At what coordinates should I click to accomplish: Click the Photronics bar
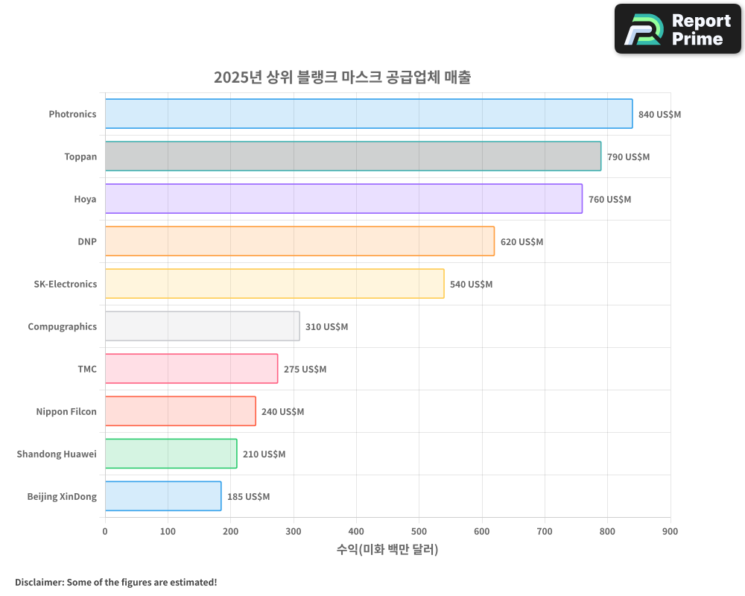[x=369, y=114]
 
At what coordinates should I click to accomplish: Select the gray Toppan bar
[x=353, y=156]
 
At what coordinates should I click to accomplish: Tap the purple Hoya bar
[x=343, y=199]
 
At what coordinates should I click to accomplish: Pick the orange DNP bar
[x=299, y=241]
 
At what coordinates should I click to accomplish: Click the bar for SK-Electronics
[x=274, y=284]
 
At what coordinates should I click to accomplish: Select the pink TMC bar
[x=191, y=369]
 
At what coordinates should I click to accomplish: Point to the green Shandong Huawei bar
[x=171, y=454]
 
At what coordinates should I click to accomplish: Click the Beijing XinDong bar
[x=163, y=496]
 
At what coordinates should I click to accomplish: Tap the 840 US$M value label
[x=659, y=115]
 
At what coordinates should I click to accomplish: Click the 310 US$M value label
[x=326, y=327]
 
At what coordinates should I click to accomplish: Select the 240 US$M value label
[x=282, y=412]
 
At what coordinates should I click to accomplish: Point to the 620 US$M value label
[x=521, y=242]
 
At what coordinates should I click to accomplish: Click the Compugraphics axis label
[x=62, y=327]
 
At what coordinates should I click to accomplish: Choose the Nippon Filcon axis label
[x=66, y=412]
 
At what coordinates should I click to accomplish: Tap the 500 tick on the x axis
[x=419, y=531]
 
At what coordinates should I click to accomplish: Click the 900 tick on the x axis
[x=670, y=531]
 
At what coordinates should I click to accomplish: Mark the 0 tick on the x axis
[x=105, y=531]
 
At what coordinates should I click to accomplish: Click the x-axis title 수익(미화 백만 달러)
[x=387, y=550]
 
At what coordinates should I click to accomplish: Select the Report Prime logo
[x=677, y=29]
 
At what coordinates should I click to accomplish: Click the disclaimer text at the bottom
[x=115, y=582]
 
